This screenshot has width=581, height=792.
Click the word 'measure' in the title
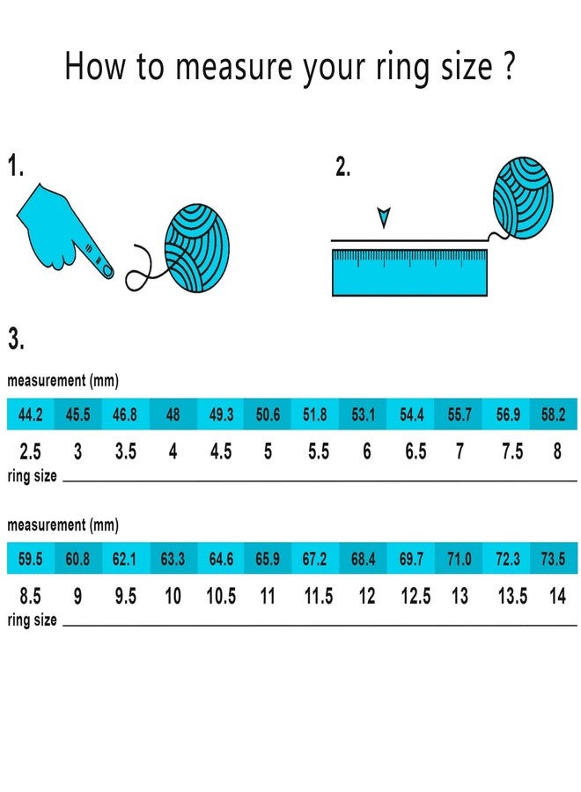point(234,67)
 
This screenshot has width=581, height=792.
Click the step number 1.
point(16,165)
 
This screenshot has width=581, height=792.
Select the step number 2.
point(342,166)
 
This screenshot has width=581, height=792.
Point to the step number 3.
point(16,338)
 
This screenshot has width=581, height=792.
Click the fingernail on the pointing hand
point(107,271)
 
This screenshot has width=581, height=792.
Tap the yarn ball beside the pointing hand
point(197,247)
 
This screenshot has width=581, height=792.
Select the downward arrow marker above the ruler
point(384,217)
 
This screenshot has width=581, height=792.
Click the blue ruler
point(409,272)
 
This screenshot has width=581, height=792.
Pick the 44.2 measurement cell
point(30,414)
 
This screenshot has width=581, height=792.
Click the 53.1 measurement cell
point(363,414)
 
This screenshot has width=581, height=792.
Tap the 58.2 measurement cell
point(553,414)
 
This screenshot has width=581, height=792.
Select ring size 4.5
point(221,451)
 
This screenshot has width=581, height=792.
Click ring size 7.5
point(511,451)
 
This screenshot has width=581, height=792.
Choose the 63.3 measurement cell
point(173,559)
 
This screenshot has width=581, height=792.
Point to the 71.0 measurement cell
point(459,559)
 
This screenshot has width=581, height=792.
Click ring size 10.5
point(221,596)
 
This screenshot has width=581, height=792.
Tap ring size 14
point(557,596)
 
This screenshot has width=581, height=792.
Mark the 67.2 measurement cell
point(315,559)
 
